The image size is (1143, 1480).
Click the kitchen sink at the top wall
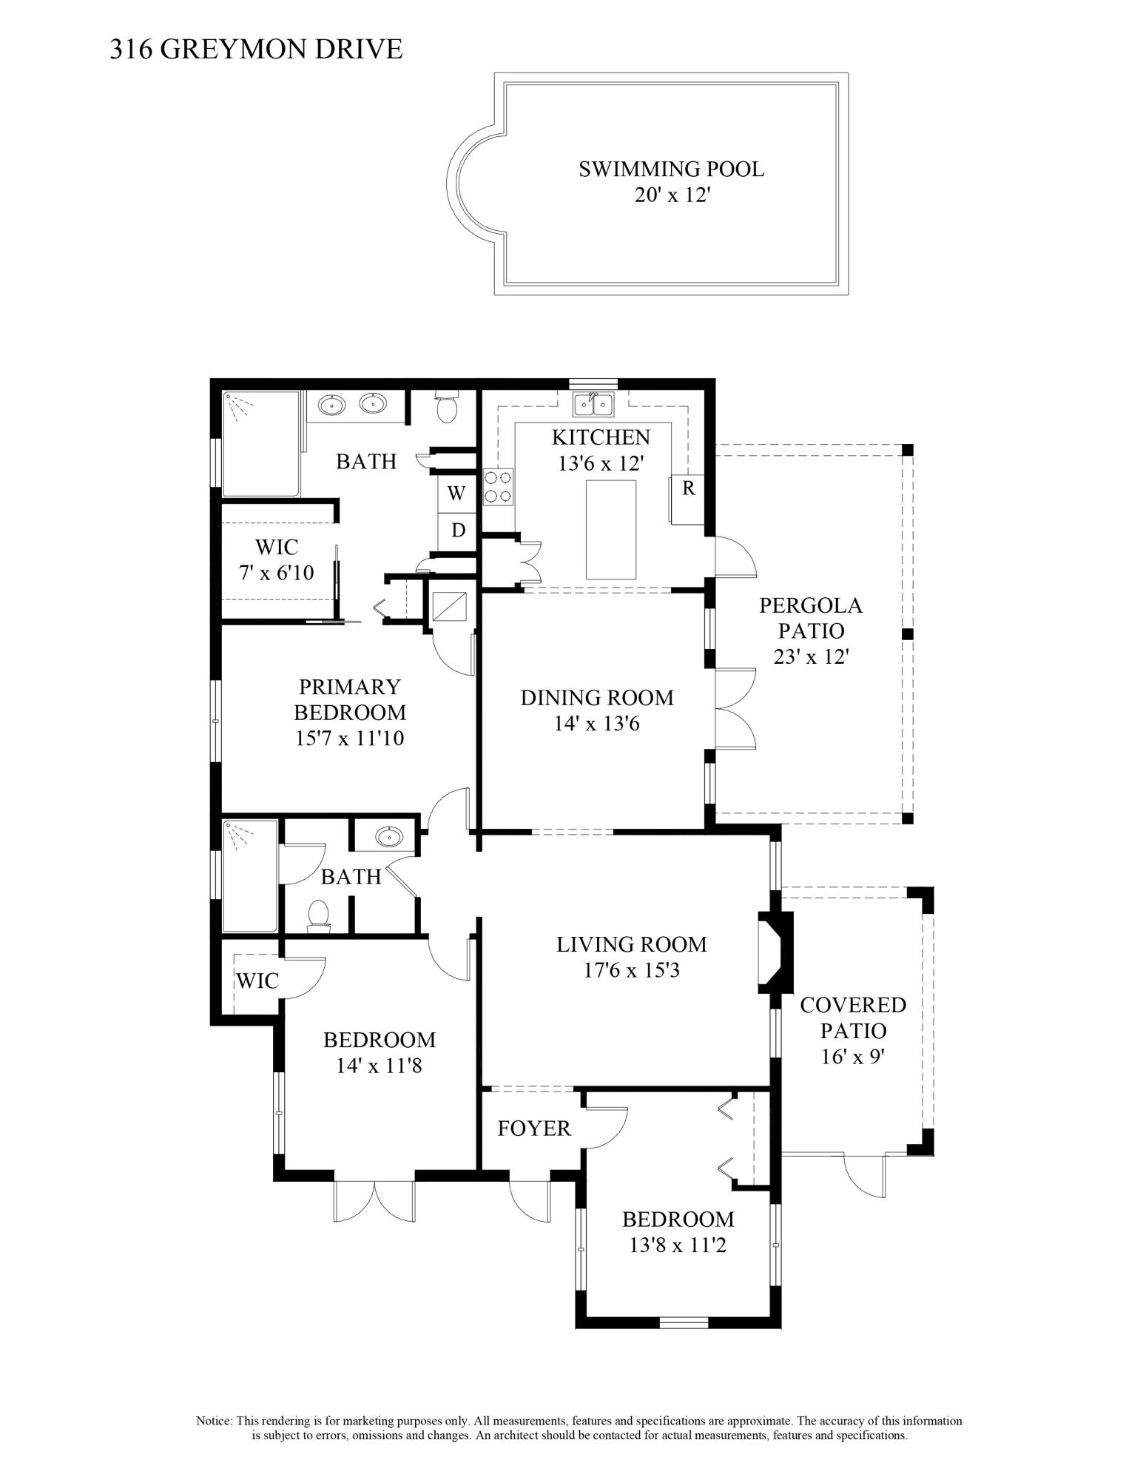(x=593, y=404)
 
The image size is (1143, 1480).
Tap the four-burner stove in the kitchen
(x=498, y=487)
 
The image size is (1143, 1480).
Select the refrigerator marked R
(x=687, y=500)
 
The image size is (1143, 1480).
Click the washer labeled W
(x=456, y=492)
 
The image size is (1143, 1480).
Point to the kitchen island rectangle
(x=611, y=529)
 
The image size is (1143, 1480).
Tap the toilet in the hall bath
(x=318, y=915)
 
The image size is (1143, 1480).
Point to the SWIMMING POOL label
(x=671, y=169)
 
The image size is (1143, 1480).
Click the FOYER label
(x=534, y=1128)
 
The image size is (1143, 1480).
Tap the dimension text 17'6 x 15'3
(x=631, y=969)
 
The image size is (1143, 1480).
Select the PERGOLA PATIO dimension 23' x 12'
(x=810, y=656)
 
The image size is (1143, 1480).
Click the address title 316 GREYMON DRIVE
(x=256, y=49)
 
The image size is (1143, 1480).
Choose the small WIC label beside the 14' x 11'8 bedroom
(x=257, y=980)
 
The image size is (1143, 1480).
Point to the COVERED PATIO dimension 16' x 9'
(x=853, y=1057)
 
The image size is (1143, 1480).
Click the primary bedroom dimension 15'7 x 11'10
(x=350, y=738)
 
